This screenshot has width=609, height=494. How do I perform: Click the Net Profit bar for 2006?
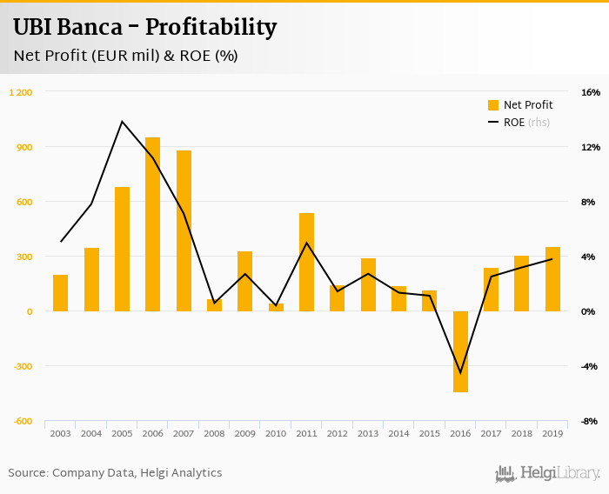tap(152, 224)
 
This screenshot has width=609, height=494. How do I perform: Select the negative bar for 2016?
tap(460, 351)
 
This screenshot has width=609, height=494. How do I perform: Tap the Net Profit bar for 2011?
tap(306, 262)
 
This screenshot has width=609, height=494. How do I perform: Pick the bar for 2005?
tap(122, 249)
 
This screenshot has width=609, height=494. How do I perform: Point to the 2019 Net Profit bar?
tap(552, 279)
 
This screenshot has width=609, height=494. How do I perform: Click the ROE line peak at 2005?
tap(122, 121)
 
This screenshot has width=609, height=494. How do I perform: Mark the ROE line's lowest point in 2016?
tap(460, 373)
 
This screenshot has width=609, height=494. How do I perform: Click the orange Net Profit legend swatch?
tap(493, 105)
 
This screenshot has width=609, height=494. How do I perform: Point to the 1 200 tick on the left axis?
tap(21, 92)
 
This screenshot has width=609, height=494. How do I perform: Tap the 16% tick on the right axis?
tap(590, 92)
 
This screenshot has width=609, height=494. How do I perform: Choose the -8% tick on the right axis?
tap(590, 421)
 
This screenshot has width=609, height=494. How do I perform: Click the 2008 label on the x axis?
tap(214, 433)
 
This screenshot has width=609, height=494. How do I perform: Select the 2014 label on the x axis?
tap(398, 433)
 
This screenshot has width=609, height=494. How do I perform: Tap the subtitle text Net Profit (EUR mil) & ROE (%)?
tap(125, 56)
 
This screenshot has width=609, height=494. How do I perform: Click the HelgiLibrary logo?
tap(548, 473)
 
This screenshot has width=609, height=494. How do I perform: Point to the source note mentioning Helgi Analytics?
tap(115, 473)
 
